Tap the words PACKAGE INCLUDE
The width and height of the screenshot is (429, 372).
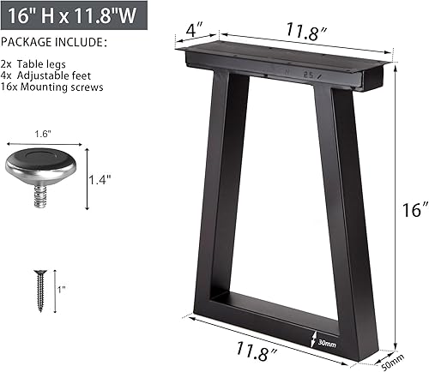tap(54, 42)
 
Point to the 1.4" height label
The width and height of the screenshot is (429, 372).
tap(100, 179)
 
